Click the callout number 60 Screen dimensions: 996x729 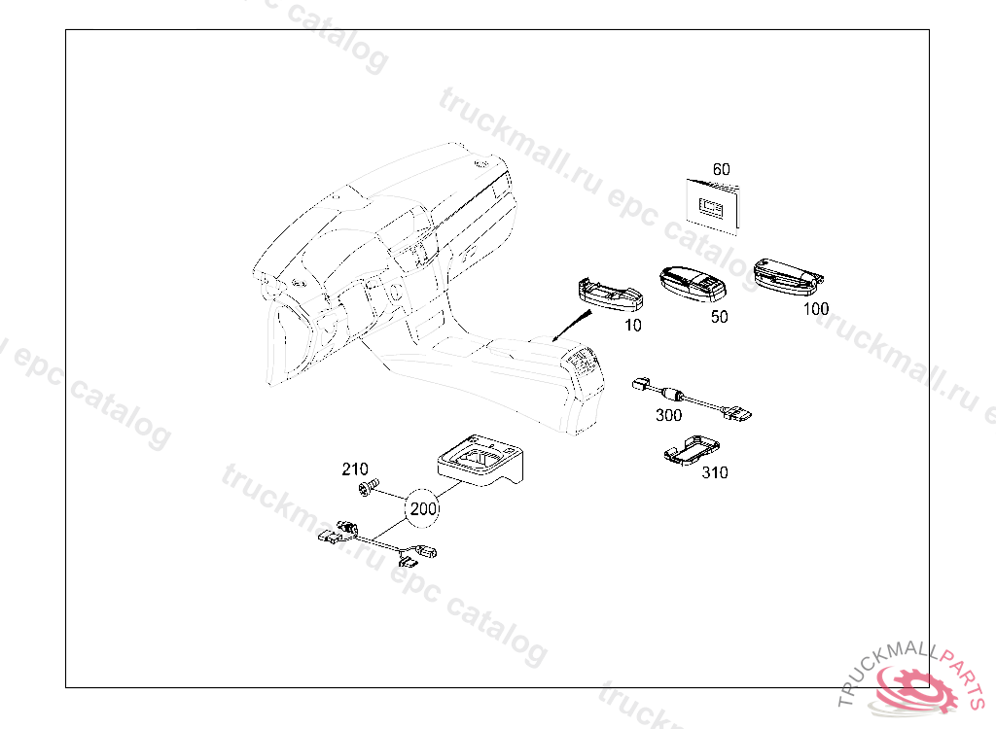coord(721,169)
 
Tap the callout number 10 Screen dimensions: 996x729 coord(632,325)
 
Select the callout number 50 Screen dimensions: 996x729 coord(719,317)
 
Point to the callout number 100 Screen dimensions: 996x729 coord(816,309)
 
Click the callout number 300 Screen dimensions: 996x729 coord(668,415)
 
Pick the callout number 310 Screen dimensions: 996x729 coord(715,472)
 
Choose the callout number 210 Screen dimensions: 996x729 coord(354,469)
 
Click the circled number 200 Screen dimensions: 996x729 coord(423,508)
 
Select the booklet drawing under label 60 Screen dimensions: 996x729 coord(713,206)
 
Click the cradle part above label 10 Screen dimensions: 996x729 coord(611,295)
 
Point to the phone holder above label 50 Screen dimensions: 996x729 coord(693,283)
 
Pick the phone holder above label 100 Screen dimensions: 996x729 coord(788,277)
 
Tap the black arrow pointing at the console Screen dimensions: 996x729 coord(571,327)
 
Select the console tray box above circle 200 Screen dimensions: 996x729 coord(480,459)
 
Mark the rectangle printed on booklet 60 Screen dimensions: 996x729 coord(712,206)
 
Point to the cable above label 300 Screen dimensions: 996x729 coord(693,399)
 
